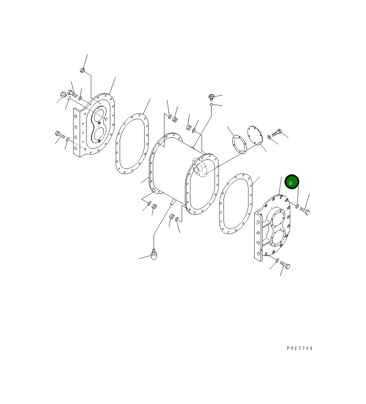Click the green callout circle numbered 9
(292, 182)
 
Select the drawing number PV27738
(300, 348)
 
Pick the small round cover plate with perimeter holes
(255, 135)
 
